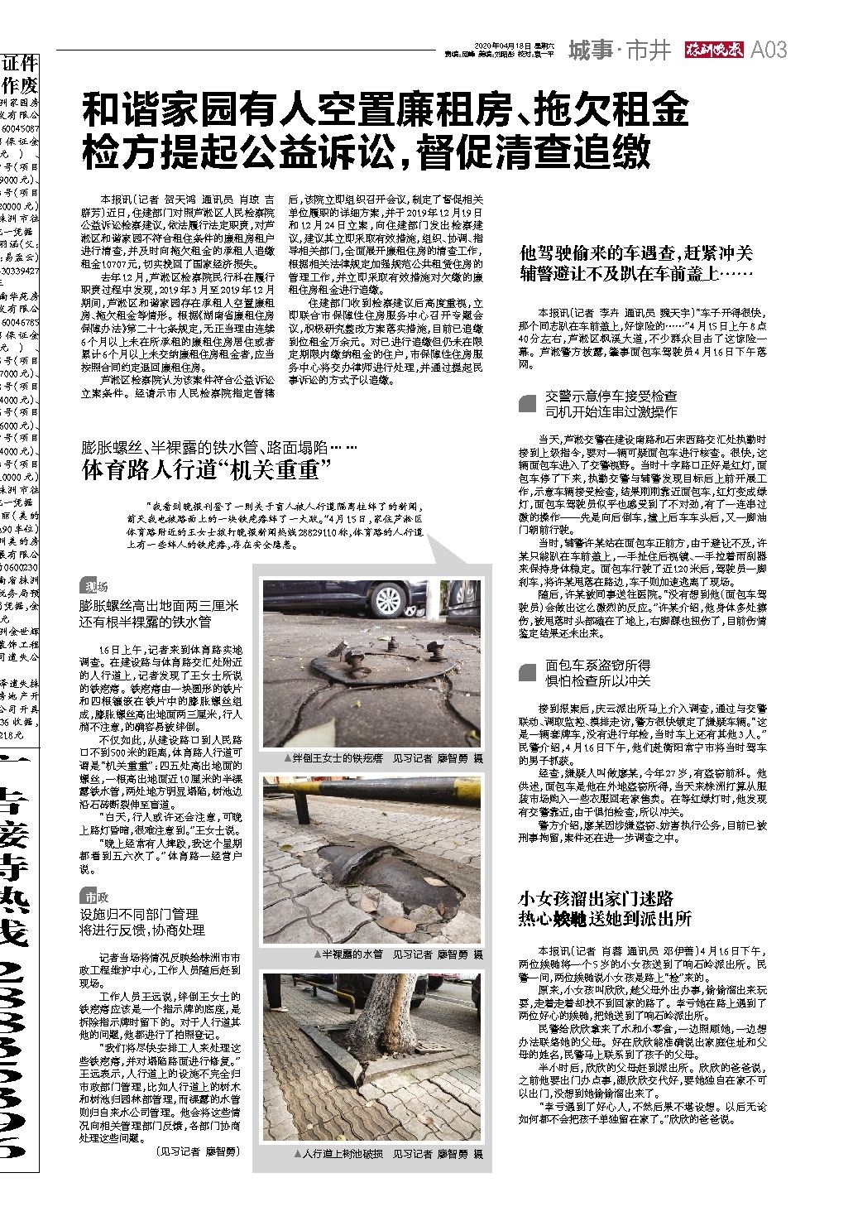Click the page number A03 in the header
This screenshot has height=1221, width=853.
tap(768, 50)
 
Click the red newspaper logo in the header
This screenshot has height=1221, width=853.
tap(714, 50)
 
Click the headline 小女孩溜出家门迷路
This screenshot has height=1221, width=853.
tap(596, 899)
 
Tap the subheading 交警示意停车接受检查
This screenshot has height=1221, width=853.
tap(611, 397)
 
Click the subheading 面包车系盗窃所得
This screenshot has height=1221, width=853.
tap(597, 665)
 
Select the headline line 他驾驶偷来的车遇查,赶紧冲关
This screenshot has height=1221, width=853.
tap(635, 252)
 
